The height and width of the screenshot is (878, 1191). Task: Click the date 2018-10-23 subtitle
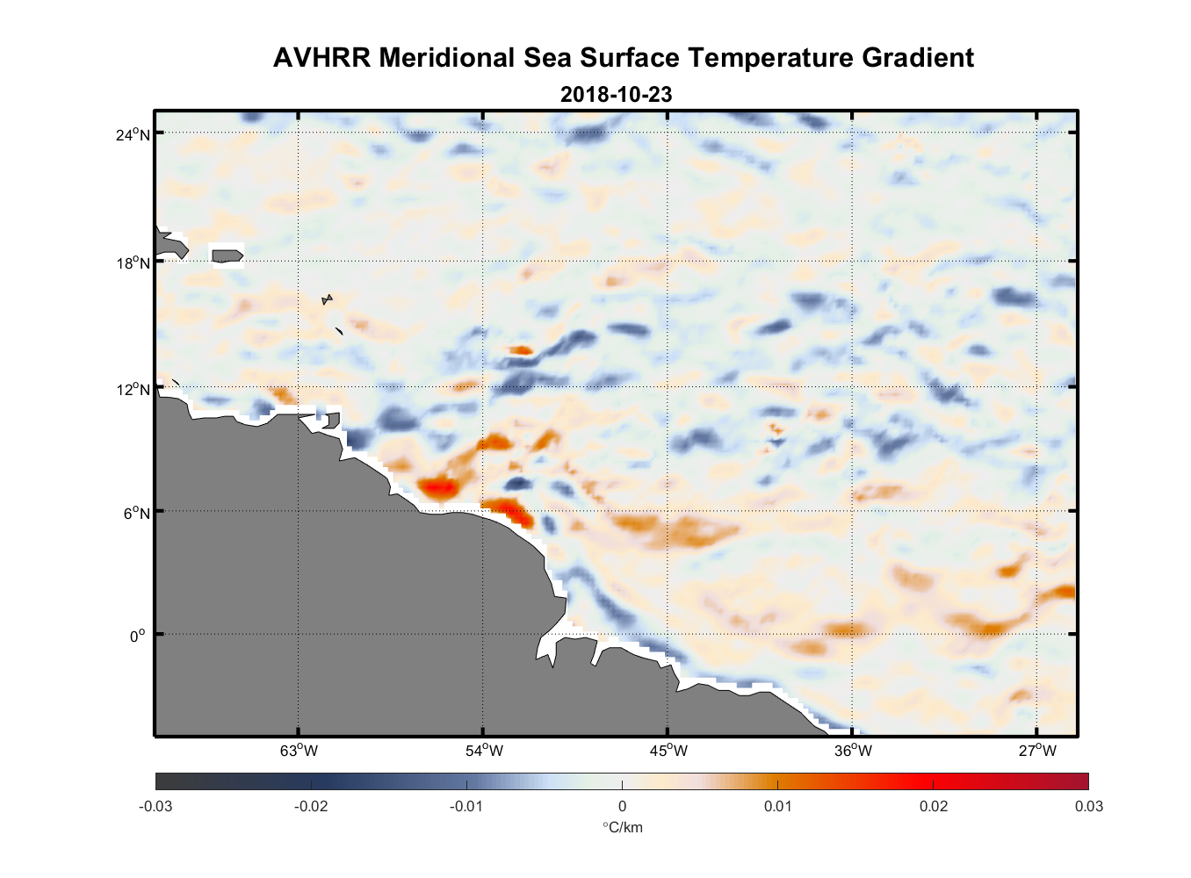[x=616, y=94]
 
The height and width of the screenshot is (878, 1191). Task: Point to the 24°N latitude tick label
[x=134, y=134]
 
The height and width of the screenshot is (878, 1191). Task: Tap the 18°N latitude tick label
[x=134, y=263]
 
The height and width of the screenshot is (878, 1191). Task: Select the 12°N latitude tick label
[x=134, y=389]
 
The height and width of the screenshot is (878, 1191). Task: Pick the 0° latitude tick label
[x=138, y=636]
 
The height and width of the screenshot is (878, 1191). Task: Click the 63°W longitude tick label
[x=299, y=751]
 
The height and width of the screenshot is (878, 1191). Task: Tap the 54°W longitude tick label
[x=484, y=751]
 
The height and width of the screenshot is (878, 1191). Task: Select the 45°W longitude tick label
[x=668, y=751]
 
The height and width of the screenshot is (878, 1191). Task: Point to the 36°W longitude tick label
[x=853, y=751]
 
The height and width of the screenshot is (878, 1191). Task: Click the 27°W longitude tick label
[x=1037, y=751]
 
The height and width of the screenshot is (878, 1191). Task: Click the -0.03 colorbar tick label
[x=155, y=806]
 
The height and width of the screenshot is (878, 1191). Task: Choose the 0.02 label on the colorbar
[x=933, y=806]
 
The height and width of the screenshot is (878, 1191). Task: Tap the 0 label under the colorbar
[x=622, y=806]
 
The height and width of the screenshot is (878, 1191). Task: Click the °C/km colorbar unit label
[x=622, y=827]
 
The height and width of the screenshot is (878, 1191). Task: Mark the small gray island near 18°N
[x=227, y=255]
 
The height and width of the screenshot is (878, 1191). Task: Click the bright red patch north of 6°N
[x=437, y=486]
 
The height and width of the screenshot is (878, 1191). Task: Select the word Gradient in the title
[x=918, y=58]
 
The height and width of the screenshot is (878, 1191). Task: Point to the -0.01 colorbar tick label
[x=466, y=806]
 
